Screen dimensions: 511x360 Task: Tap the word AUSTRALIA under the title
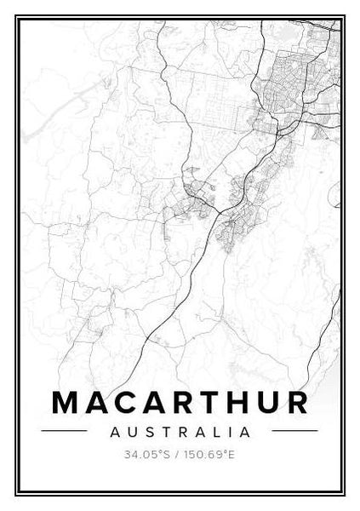[180, 432]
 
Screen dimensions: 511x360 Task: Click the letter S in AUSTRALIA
[146, 432]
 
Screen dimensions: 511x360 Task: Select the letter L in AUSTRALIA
[213, 432]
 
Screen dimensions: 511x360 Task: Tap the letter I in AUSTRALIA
[227, 432]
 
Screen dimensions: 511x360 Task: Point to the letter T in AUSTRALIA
[163, 432]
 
